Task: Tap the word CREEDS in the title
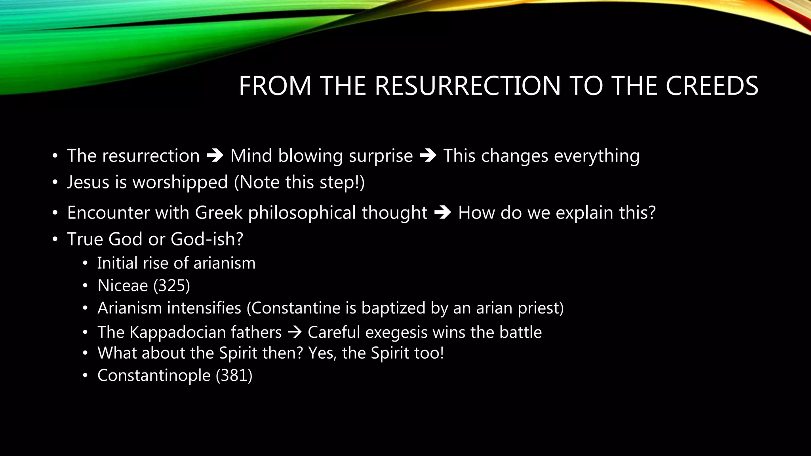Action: click(712, 86)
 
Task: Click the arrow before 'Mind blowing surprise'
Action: click(215, 156)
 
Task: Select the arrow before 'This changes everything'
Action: click(428, 156)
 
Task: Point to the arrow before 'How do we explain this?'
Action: click(443, 213)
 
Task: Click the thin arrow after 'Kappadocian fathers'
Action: click(294, 332)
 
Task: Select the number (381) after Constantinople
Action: click(234, 375)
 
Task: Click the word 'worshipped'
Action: click(180, 182)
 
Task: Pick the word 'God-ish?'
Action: click(207, 239)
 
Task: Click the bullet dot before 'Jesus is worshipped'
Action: click(55, 183)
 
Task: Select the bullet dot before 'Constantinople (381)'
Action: click(85, 376)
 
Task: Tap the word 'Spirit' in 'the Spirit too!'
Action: click(390, 353)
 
